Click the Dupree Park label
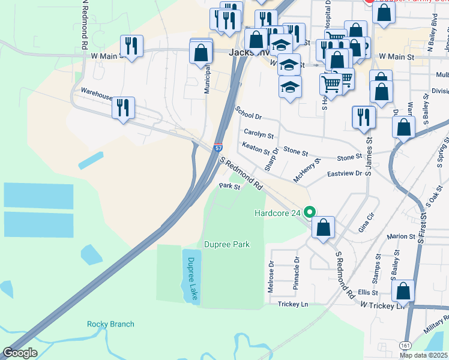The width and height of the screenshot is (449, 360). [227, 244]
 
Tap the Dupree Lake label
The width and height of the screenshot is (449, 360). [191, 278]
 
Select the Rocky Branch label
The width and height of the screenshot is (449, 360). [110, 324]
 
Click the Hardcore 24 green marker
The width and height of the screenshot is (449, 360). [310, 212]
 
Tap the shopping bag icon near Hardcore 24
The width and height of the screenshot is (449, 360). [323, 227]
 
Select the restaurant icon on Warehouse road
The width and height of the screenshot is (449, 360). [123, 108]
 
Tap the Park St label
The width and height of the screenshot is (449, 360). [229, 187]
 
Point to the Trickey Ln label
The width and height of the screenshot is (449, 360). [293, 304]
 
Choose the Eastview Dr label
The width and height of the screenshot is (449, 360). [345, 173]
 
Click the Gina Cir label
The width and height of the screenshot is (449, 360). [366, 222]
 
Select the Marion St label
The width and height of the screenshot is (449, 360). [402, 237]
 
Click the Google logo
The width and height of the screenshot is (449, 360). [20, 353]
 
